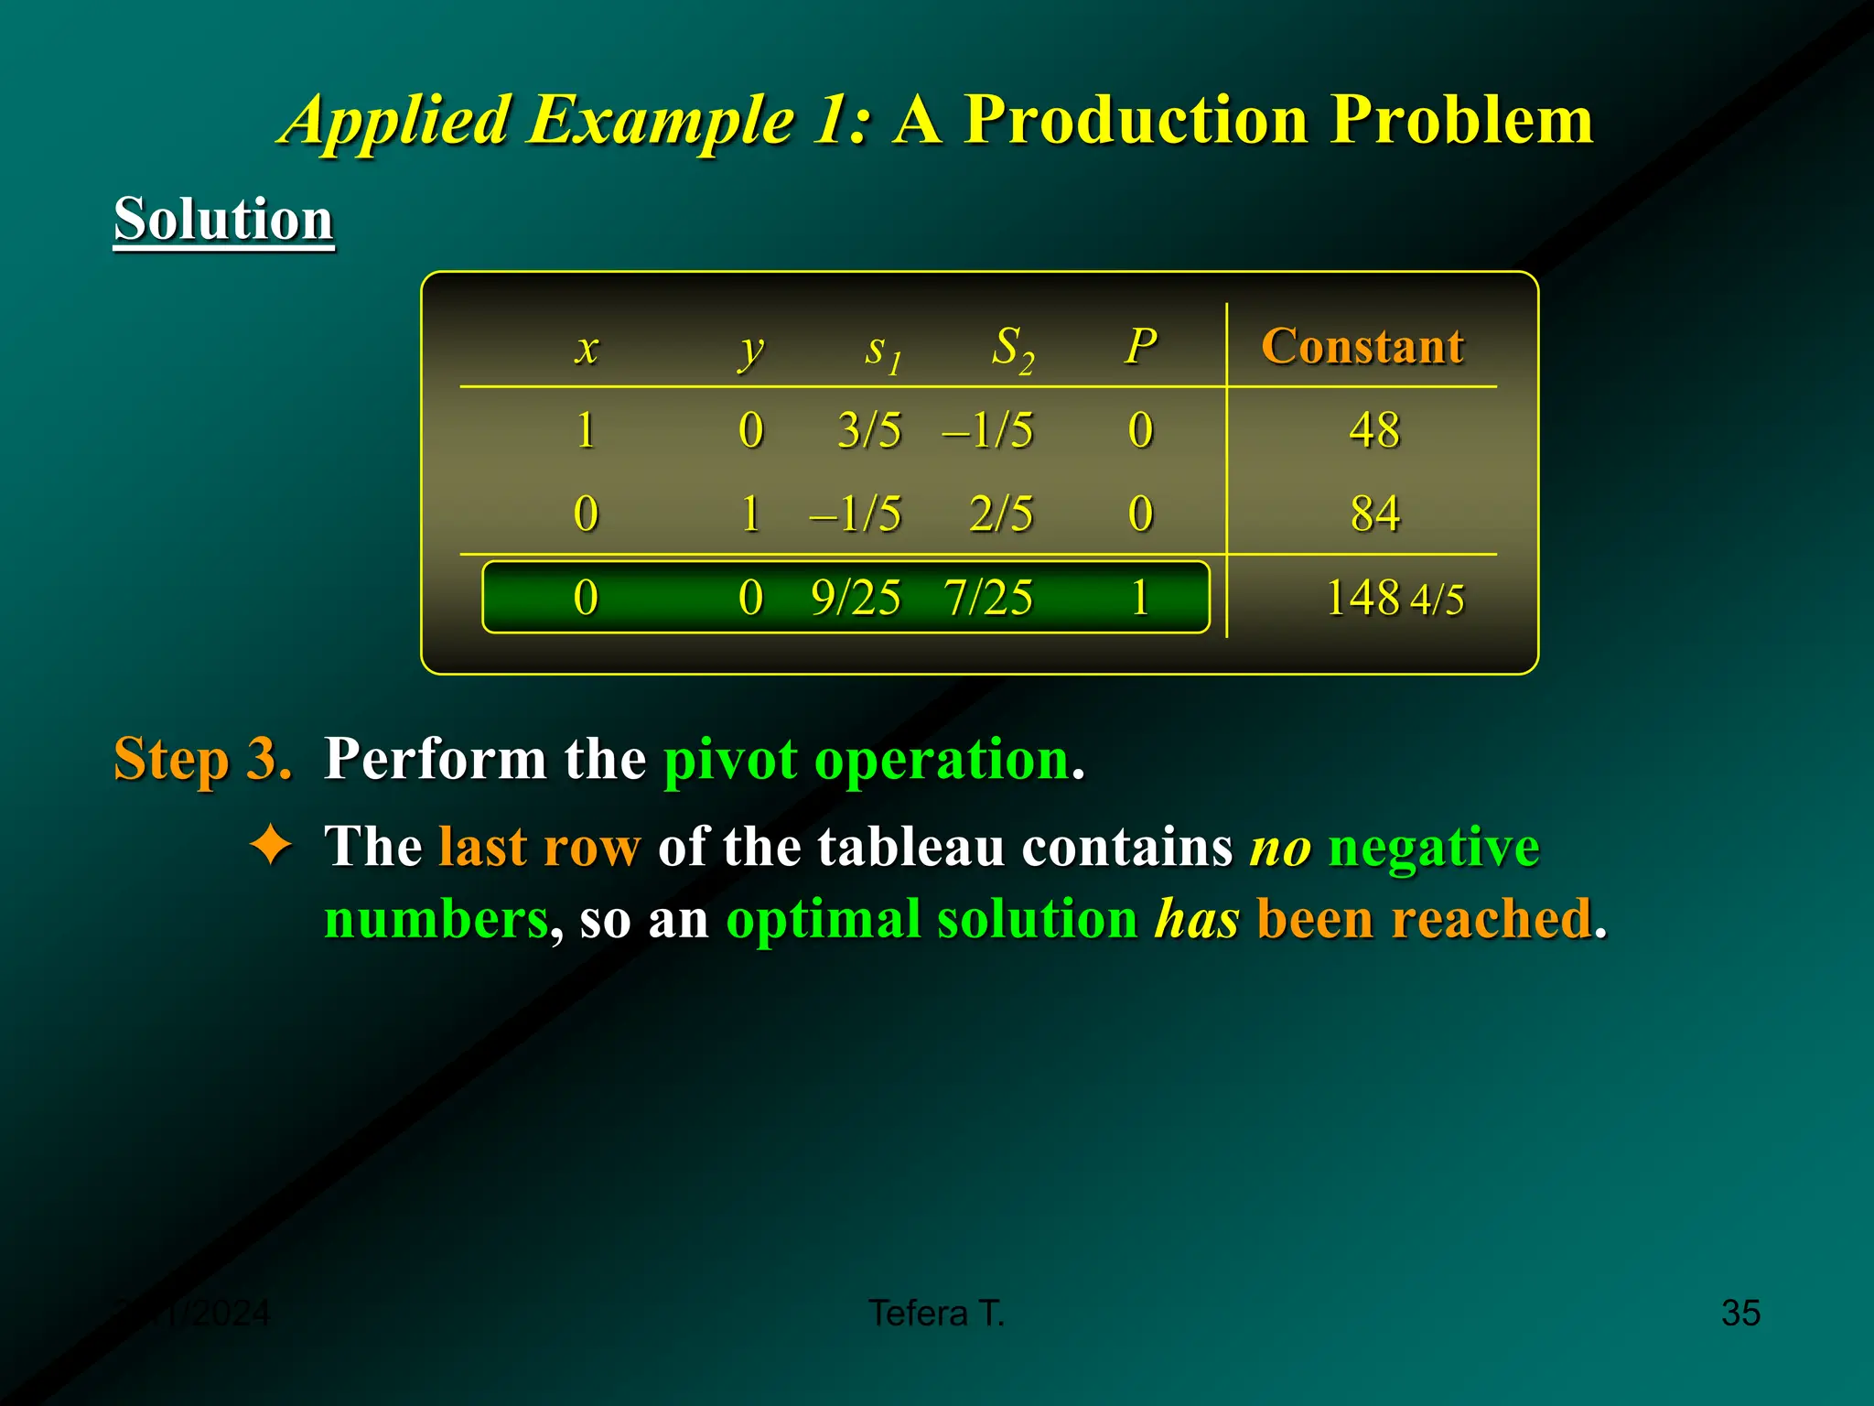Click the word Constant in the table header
coord(1362,346)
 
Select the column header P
coord(1140,346)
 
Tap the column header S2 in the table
coord(1012,348)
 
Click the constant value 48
coord(1374,429)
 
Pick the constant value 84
coord(1374,513)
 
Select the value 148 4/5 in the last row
coord(1394,598)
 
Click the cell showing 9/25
coord(856,598)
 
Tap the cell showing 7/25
coord(988,598)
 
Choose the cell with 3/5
coord(869,429)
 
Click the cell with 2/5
coord(1001,513)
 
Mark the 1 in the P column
coord(1139,598)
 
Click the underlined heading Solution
coord(223,220)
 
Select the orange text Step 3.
coord(202,759)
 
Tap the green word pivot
coord(730,761)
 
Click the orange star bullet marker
coord(271,845)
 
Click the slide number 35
coord(1740,1313)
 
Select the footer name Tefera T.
coord(936,1313)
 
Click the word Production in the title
coord(1136,120)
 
